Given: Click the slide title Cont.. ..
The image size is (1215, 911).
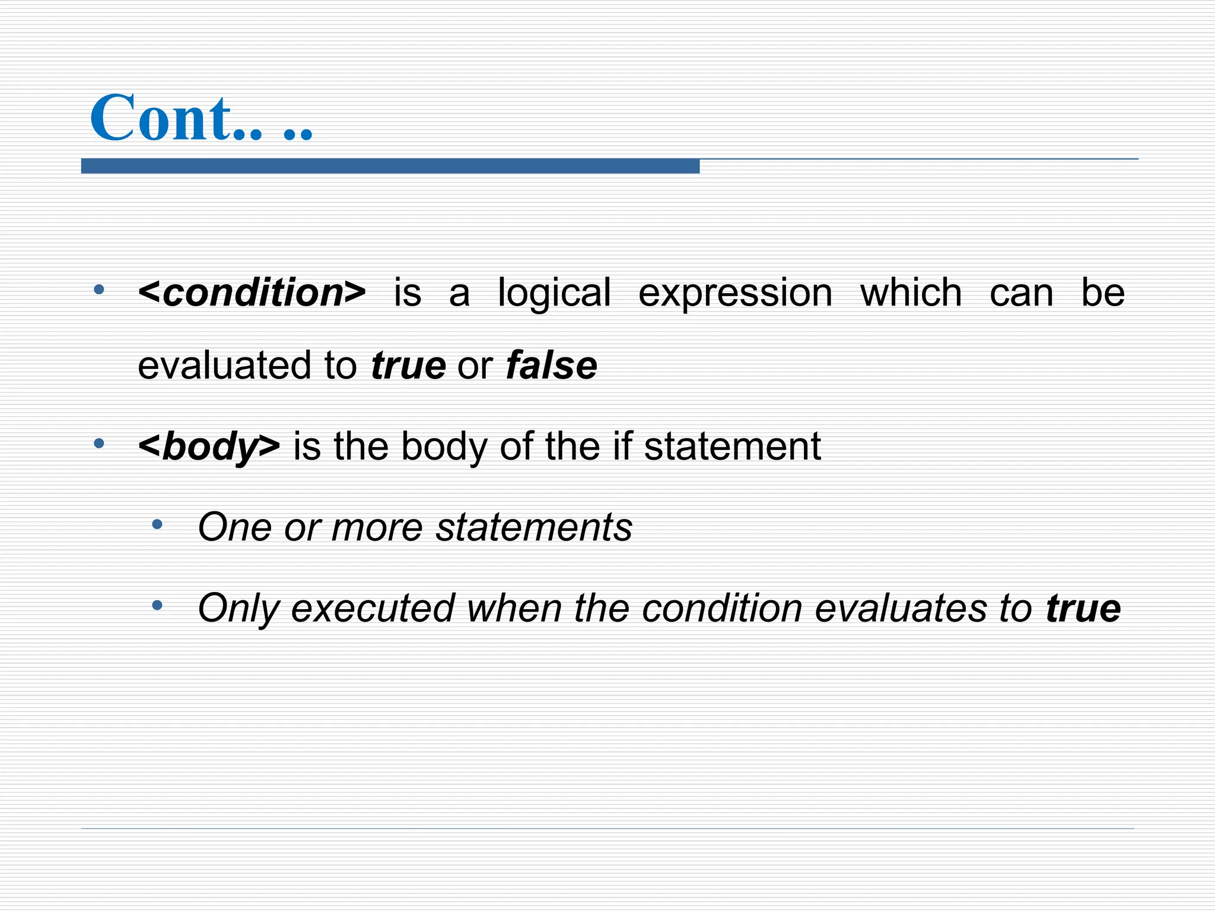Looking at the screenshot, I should (201, 119).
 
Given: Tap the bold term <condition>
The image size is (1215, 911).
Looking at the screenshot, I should (252, 293).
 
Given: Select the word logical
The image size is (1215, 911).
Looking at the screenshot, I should (554, 293).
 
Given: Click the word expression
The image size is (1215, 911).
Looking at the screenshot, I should (735, 293).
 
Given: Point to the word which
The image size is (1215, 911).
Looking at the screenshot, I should (911, 293).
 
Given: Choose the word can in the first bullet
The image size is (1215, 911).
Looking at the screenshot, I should (1021, 293).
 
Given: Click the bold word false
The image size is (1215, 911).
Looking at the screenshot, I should (551, 365).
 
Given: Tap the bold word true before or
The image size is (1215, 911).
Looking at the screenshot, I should (408, 365).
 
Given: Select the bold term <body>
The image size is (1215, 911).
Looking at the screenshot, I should (209, 446).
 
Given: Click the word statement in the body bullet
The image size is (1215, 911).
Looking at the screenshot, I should (732, 446).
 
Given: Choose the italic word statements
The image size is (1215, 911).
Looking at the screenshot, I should (534, 527).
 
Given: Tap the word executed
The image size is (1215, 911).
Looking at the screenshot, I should (373, 609).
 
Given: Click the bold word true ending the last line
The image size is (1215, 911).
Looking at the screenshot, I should (1083, 609).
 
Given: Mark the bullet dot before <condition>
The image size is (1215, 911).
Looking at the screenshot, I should (99, 291).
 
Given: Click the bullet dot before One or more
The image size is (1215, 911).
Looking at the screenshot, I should (157, 524).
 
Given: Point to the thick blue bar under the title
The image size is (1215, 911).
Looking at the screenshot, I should (390, 166).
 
